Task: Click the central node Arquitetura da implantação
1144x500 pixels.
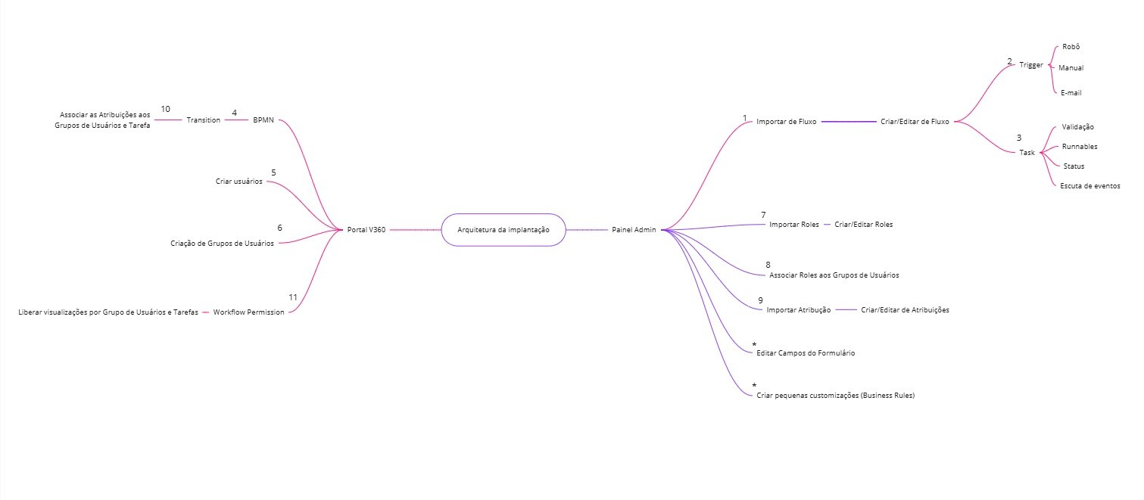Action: tap(503, 229)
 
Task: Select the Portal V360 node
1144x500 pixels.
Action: tap(366, 229)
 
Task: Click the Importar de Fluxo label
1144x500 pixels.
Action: tap(786, 121)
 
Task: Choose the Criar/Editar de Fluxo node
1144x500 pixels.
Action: tap(915, 121)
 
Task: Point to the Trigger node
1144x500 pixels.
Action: tap(1030, 65)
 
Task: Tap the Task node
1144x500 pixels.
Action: tap(1027, 152)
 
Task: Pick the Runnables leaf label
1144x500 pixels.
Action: tap(1080, 147)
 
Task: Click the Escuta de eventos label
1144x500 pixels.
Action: tap(1090, 185)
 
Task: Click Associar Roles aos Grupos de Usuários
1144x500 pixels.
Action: tap(834, 275)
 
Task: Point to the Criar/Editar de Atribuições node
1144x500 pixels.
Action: tap(905, 310)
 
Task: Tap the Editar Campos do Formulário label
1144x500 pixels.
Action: tap(806, 353)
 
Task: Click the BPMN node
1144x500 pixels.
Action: tap(263, 120)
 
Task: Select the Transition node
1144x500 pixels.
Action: tap(203, 120)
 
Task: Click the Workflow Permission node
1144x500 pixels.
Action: tap(248, 312)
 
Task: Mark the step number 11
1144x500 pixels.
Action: tap(293, 297)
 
